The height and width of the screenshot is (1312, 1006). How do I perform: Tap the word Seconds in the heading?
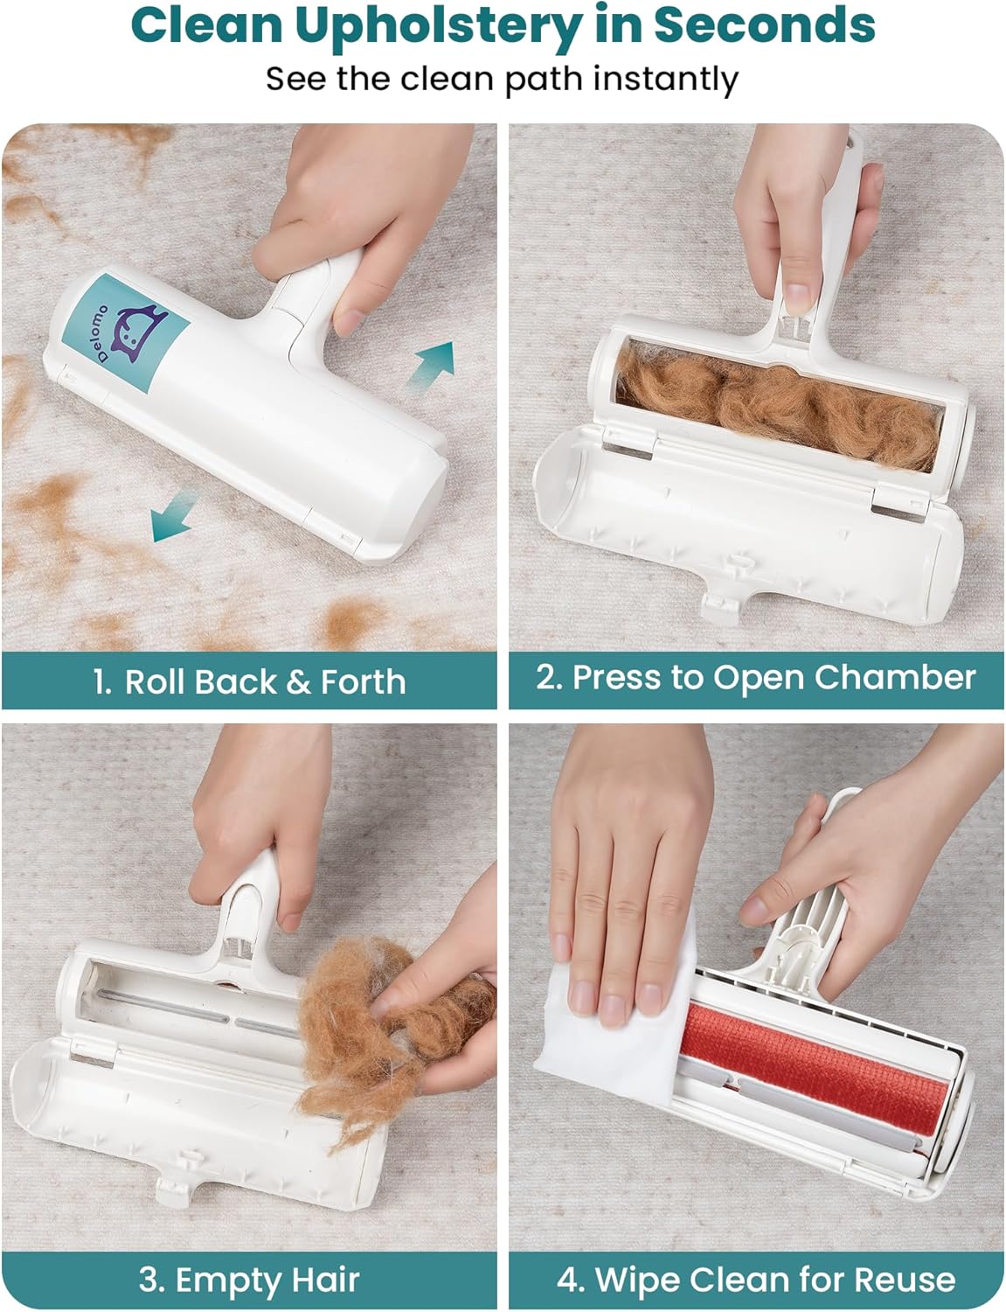[764, 25]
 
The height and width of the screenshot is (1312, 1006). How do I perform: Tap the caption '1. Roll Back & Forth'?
[249, 681]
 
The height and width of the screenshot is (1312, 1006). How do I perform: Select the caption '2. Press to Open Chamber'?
[755, 677]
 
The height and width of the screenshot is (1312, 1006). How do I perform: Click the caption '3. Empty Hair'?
[249, 1278]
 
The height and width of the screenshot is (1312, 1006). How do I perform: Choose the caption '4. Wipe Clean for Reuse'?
[756, 1278]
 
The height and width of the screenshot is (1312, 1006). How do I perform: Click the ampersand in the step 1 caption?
[298, 682]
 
